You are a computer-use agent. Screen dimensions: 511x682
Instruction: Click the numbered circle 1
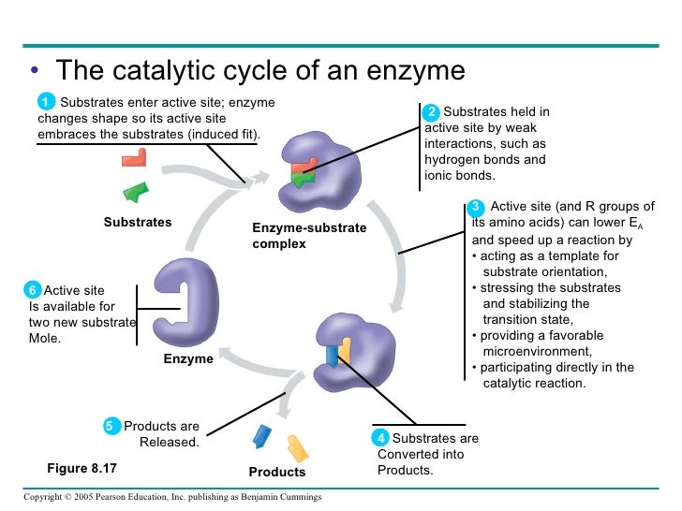pos(45,101)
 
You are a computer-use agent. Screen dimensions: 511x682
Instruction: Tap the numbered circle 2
pos(432,112)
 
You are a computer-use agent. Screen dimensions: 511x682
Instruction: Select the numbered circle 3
pos(476,207)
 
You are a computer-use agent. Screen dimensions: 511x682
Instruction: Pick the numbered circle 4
pos(381,438)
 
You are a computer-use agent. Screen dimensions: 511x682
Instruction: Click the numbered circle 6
pos(33,290)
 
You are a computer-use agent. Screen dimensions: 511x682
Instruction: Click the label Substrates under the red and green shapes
pos(138,222)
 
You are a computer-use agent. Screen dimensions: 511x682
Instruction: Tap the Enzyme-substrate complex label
pos(309,236)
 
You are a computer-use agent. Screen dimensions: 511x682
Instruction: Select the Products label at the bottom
pos(277,472)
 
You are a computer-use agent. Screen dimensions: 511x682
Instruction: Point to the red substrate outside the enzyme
pos(134,156)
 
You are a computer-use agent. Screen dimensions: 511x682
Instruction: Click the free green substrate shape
pos(137,192)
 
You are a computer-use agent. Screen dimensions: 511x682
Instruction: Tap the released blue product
pos(262,435)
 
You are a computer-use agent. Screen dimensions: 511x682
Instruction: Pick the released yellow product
pos(297,446)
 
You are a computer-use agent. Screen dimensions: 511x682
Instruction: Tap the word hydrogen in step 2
pos(453,160)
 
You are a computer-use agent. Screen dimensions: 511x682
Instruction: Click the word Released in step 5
pos(169,442)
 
